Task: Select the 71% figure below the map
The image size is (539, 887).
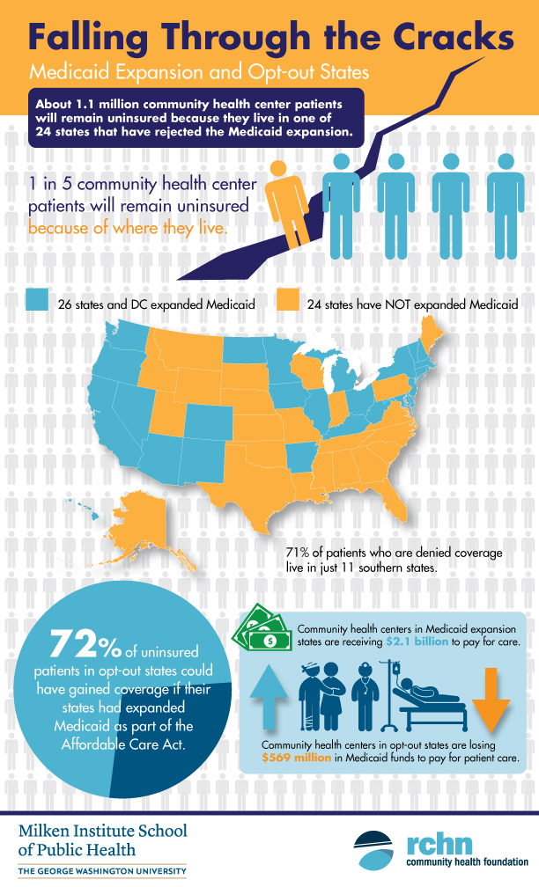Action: (x=298, y=552)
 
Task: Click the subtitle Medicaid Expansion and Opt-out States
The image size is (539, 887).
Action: (x=180, y=69)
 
